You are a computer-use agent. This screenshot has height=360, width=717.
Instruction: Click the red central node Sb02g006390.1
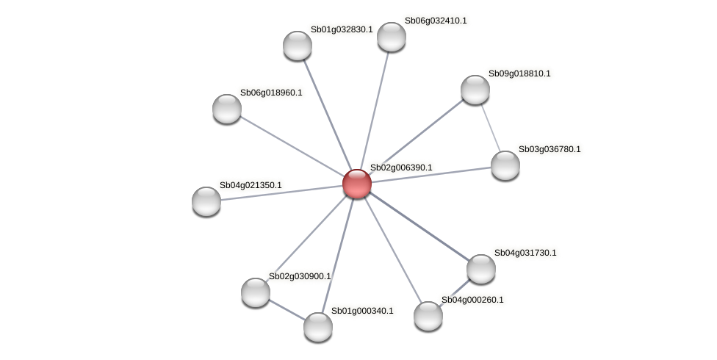[x=357, y=184]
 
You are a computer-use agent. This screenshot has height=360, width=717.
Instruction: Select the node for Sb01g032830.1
[x=298, y=46]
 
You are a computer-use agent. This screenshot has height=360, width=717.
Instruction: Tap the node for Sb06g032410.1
[x=392, y=37]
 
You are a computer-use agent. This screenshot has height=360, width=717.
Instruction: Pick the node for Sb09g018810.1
[x=475, y=90]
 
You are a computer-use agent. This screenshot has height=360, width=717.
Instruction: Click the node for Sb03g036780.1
[x=505, y=165]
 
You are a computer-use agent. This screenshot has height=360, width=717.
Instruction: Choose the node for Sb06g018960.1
[x=227, y=109]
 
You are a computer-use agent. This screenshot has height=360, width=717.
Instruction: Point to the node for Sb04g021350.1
[x=206, y=201]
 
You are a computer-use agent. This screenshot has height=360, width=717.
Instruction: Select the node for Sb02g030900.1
[x=256, y=292]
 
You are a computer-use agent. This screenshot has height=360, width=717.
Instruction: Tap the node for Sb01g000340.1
[x=318, y=326]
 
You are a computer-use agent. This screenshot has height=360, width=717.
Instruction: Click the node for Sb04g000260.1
[x=428, y=316]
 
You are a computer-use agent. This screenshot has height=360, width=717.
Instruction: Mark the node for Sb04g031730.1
[x=481, y=269]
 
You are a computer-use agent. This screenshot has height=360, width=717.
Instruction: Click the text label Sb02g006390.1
[x=401, y=168]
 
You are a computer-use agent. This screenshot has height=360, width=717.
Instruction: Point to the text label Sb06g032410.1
[x=436, y=21]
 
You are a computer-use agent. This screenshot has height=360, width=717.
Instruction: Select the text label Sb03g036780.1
[x=550, y=149]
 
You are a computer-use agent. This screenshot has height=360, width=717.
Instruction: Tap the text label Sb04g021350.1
[x=251, y=185]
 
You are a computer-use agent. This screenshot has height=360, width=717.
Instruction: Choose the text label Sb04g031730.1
[x=525, y=253]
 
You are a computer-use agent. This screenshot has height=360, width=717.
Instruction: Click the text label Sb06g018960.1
[x=271, y=93]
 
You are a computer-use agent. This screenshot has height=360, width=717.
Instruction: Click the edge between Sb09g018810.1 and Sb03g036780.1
[x=491, y=127]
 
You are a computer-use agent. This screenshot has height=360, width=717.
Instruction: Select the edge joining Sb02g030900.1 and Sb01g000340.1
[x=287, y=309]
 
